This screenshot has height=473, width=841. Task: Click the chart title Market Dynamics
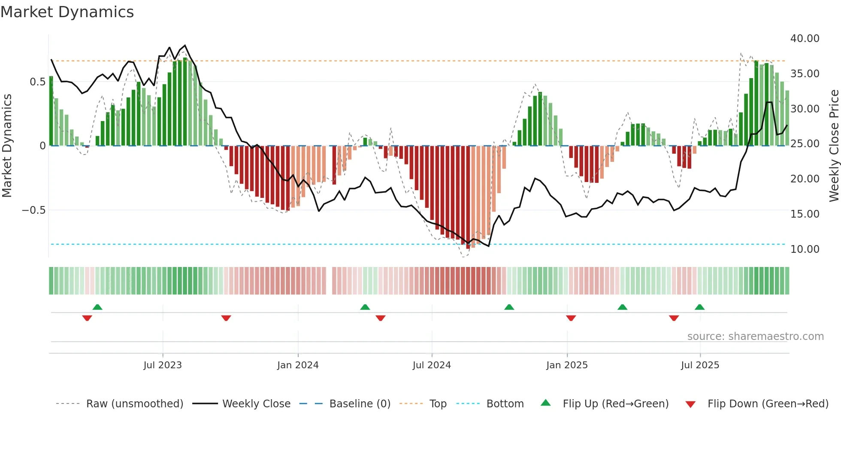click(x=67, y=12)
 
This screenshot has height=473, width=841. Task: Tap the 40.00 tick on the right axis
click(x=805, y=39)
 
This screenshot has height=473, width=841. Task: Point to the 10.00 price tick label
click(x=805, y=249)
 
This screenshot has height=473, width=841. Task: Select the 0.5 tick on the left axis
click(x=37, y=82)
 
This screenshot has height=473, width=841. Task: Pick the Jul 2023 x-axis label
click(x=163, y=365)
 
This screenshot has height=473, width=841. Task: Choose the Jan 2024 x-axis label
click(x=298, y=365)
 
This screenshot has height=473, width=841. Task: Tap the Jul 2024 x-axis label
click(x=432, y=365)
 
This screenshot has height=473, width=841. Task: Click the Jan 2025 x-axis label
click(x=567, y=365)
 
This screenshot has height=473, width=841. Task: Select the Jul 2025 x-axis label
click(x=700, y=365)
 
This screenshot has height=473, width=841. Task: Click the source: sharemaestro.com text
click(x=755, y=337)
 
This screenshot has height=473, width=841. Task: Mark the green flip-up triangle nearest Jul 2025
click(x=699, y=307)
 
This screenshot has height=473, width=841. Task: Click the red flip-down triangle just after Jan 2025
click(x=571, y=318)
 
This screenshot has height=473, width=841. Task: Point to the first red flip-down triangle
click(x=87, y=318)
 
